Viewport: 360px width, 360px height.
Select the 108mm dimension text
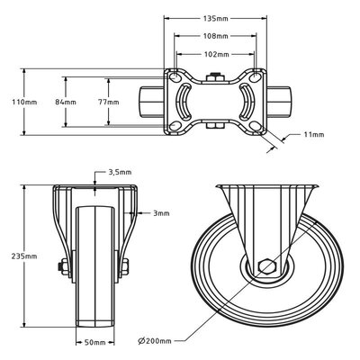[215, 36]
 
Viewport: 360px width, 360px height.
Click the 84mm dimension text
[66, 102]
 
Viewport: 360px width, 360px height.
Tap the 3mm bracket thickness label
[162, 213]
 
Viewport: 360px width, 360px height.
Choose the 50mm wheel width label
[94, 342]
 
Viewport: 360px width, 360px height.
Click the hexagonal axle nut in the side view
[265, 266]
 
